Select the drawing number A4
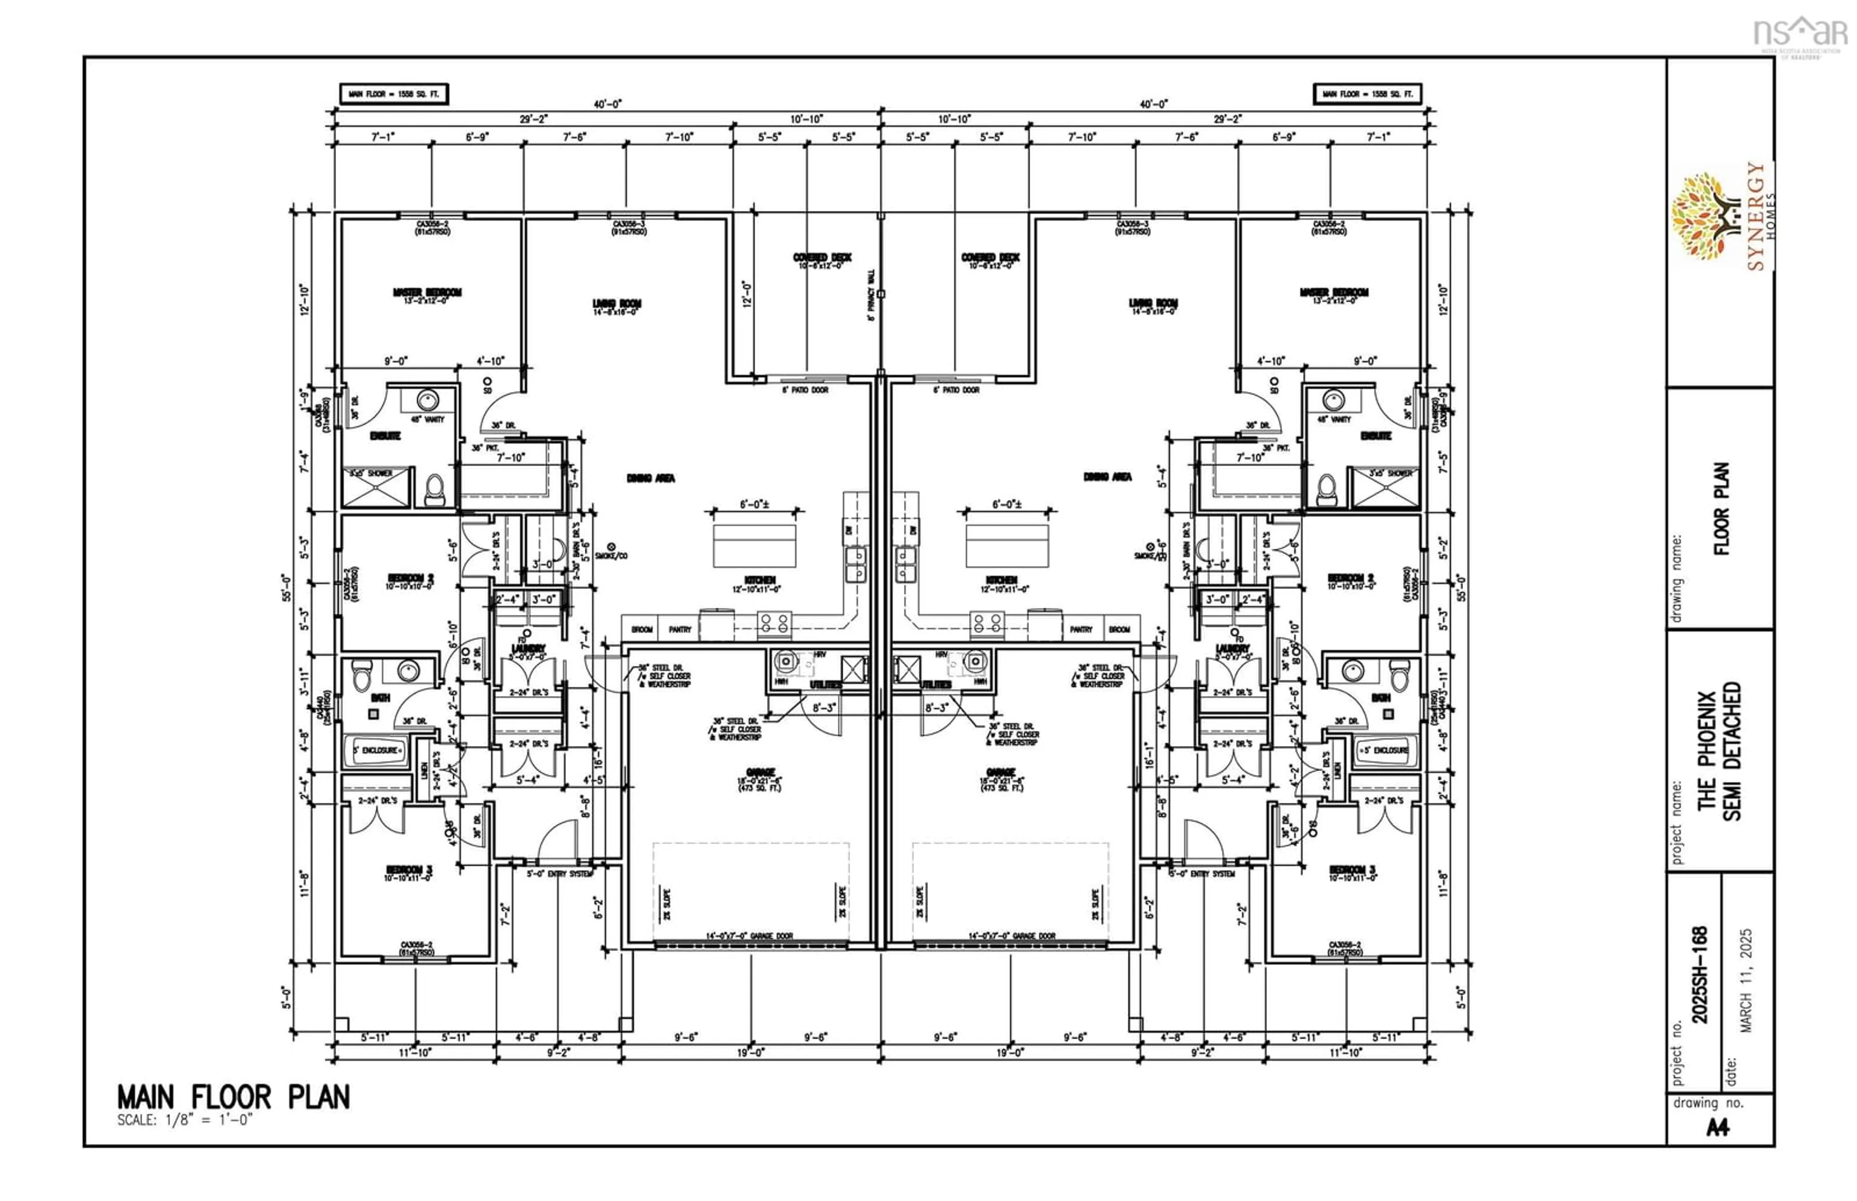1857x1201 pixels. point(1717,1128)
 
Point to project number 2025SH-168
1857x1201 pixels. point(1700,974)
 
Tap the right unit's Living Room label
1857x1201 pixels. point(1153,303)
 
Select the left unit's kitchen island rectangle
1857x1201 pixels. point(754,545)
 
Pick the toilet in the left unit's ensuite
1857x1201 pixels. point(434,490)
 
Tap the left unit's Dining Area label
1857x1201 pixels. point(650,478)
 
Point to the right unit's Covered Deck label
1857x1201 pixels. point(990,257)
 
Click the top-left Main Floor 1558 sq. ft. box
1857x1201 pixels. point(394,94)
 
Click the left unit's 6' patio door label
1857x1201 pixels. point(805,390)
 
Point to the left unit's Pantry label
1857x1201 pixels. point(679,630)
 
